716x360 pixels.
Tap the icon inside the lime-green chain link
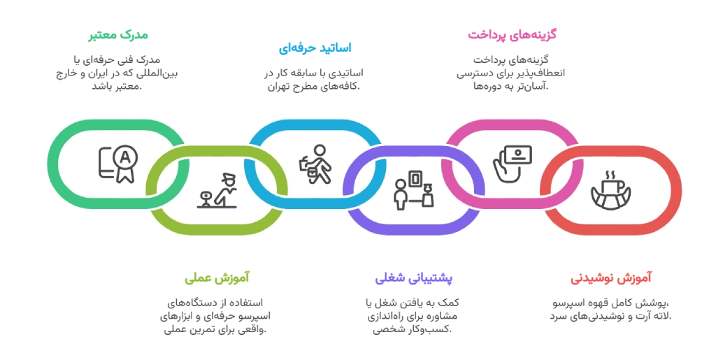[217, 191]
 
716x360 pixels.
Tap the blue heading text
[315, 49]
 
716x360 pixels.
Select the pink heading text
[511, 34]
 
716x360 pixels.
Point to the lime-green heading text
[217, 278]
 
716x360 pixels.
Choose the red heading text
[610, 278]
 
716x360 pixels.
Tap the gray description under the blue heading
[315, 80]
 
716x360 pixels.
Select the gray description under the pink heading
[509, 73]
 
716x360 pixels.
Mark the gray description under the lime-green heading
[214, 312]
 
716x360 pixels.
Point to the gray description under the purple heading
[412, 311]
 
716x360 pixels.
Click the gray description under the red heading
[610, 310]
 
